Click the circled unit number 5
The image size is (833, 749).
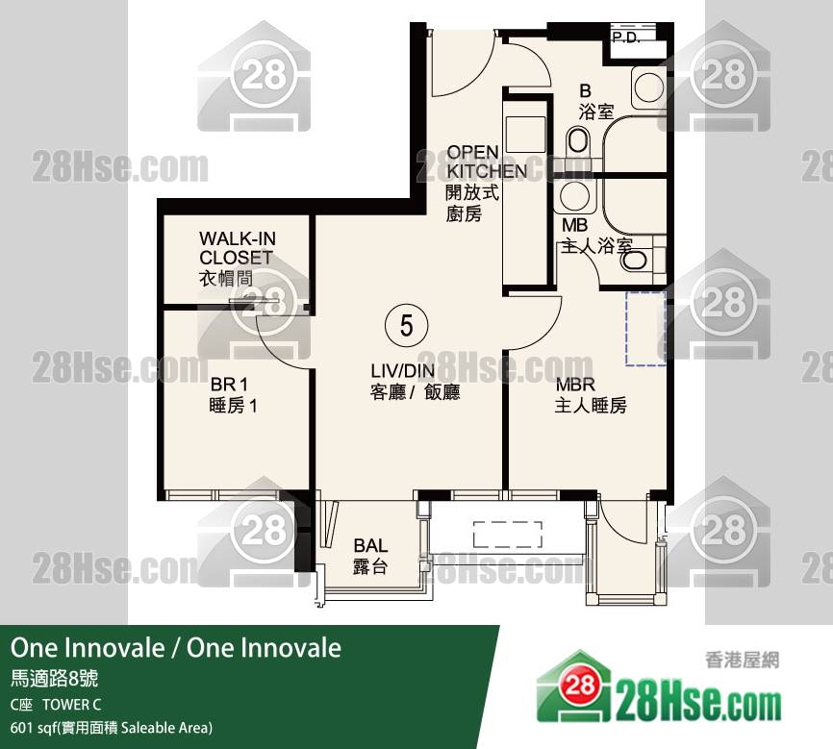(407, 325)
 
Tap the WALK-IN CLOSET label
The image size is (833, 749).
(237, 259)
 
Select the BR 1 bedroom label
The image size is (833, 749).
(233, 394)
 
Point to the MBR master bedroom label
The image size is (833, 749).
(591, 394)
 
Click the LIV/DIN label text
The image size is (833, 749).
(415, 382)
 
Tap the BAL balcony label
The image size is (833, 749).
(370, 556)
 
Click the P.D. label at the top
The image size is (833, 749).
(625, 37)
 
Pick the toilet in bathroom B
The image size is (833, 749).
(578, 142)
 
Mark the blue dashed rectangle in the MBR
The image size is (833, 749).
(645, 328)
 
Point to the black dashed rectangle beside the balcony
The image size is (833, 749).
(508, 535)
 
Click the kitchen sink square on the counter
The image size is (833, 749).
(525, 135)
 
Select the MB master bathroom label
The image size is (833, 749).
(596, 236)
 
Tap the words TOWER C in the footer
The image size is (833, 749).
(72, 705)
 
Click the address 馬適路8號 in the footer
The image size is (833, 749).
(54, 679)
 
